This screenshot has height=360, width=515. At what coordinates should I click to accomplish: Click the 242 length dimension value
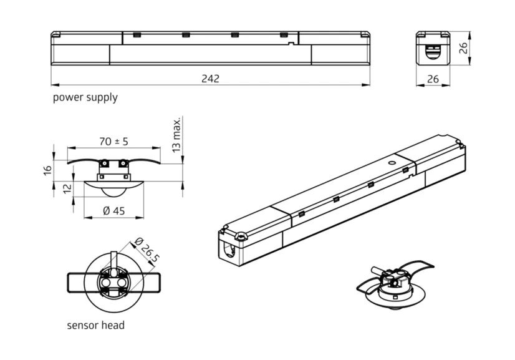(x=210, y=79)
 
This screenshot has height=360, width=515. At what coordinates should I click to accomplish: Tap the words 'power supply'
(x=85, y=97)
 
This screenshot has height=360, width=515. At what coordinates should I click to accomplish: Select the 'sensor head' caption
(x=95, y=325)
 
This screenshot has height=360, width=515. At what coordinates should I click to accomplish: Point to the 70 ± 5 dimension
(x=113, y=142)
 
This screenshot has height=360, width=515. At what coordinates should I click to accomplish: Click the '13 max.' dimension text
(x=177, y=134)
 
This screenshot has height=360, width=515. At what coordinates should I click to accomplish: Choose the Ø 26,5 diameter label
(x=146, y=250)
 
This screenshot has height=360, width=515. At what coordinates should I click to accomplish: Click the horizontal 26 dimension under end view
(x=432, y=79)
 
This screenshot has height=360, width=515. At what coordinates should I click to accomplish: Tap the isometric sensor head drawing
(x=394, y=286)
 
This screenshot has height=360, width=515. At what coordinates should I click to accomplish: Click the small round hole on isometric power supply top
(x=392, y=162)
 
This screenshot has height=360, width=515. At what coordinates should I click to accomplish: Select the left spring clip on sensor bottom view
(x=80, y=282)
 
